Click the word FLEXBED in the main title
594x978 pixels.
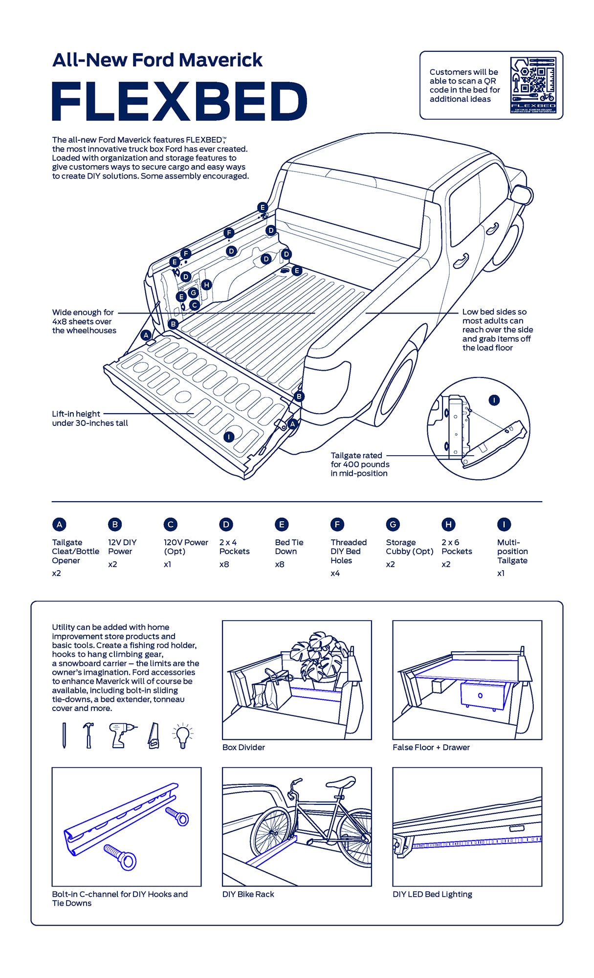tap(179, 101)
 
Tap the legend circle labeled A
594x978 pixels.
tap(59, 525)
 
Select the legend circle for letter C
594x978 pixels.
tap(170, 525)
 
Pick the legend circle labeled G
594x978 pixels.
tap(393, 525)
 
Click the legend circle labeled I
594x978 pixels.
tap(504, 525)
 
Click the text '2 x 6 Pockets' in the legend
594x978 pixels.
tap(457, 547)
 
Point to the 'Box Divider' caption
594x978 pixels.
tap(243, 747)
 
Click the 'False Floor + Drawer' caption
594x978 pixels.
tap(431, 747)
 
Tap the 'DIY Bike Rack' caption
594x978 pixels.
tap(248, 894)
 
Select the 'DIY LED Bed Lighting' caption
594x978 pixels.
tap(432, 894)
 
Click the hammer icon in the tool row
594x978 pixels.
tap(88, 735)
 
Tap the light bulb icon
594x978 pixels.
tap(183, 735)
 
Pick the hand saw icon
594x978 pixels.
tap(154, 735)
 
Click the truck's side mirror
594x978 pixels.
tap(521, 195)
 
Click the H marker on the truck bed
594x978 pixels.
tap(206, 285)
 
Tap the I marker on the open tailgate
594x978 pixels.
tap(229, 437)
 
